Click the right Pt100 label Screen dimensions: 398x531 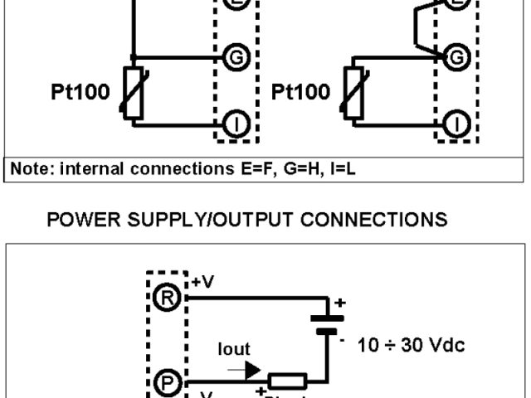click(x=300, y=91)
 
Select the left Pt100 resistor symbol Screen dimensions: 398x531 click(x=132, y=90)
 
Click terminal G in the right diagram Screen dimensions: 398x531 click(x=455, y=58)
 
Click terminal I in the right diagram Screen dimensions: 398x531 click(x=456, y=124)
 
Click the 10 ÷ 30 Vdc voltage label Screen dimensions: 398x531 click(x=411, y=343)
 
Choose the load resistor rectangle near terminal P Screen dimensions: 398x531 click(x=288, y=382)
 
